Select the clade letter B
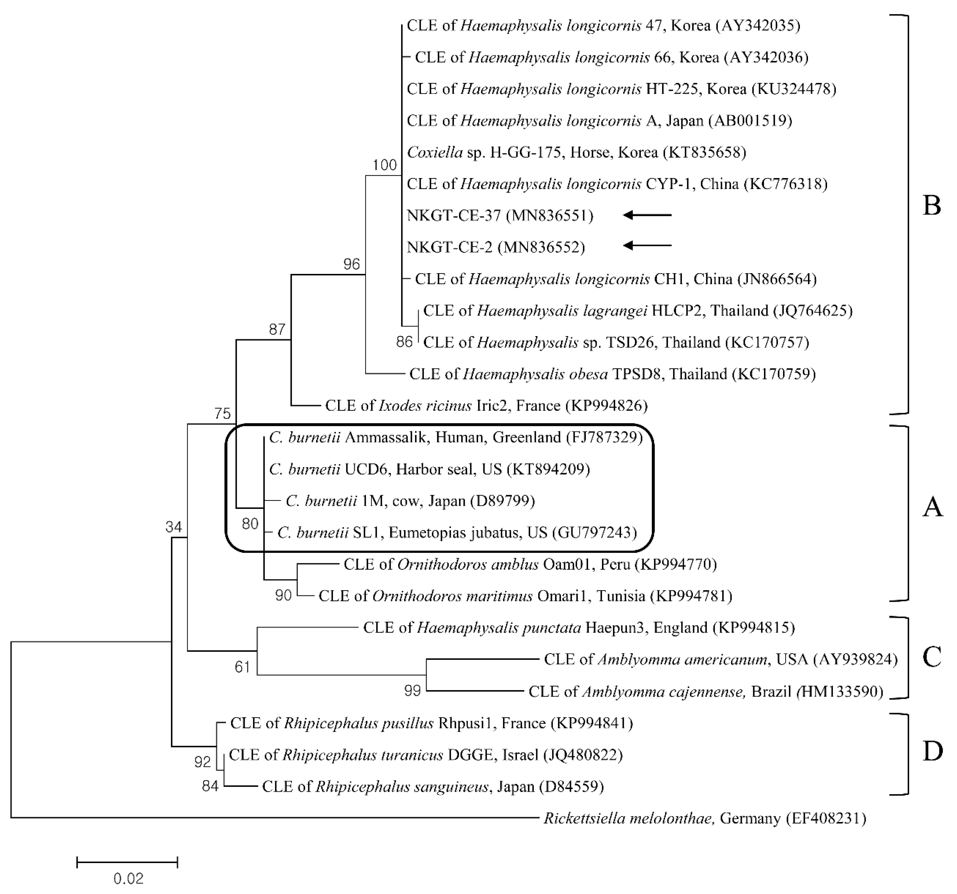tap(932, 206)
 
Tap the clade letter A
tap(932, 507)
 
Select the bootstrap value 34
tap(173, 527)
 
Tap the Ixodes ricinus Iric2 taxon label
tap(486, 406)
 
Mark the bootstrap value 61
tap(242, 667)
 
